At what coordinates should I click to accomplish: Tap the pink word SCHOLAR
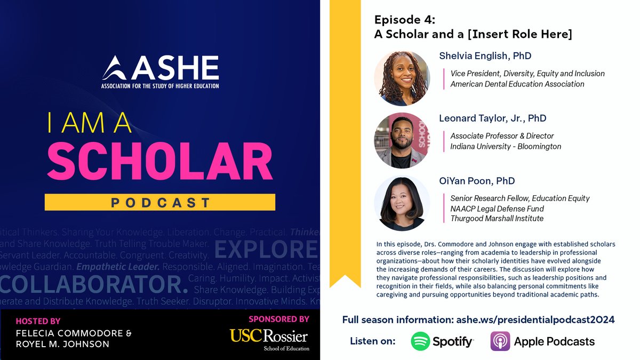click(159, 162)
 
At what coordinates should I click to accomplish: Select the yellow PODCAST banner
click(159, 202)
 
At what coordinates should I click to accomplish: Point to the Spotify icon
click(420, 341)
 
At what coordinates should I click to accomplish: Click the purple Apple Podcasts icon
click(500, 341)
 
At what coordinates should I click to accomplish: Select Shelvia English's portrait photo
click(402, 78)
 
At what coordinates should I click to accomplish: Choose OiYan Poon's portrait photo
click(402, 203)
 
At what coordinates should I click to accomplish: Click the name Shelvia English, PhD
click(485, 56)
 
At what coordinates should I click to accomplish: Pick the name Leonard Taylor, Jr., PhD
click(492, 118)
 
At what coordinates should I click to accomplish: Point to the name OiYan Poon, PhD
click(477, 181)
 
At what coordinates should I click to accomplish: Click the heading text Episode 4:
click(404, 20)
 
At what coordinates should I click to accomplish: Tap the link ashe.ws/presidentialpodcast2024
click(535, 319)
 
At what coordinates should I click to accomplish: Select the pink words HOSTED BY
click(38, 321)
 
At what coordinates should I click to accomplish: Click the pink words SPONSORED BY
click(278, 319)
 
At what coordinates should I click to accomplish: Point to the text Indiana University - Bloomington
click(506, 146)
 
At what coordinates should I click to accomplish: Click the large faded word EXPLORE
click(267, 249)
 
